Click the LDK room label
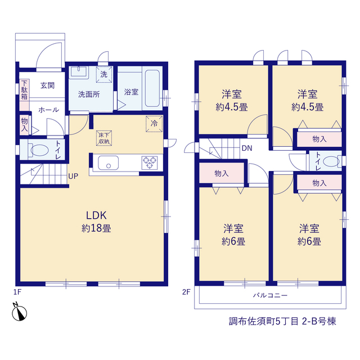(x=96, y=215)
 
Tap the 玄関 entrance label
(x=47, y=85)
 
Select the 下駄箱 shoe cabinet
(x=24, y=94)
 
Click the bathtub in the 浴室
(x=152, y=88)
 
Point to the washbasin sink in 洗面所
(x=79, y=73)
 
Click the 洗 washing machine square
(x=104, y=74)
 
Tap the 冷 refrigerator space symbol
(x=154, y=124)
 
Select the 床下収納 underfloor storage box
(x=104, y=138)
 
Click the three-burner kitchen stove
(x=150, y=163)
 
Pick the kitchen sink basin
(x=109, y=163)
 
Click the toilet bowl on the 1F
(x=39, y=150)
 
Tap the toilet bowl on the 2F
(x=331, y=161)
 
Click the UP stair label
(x=73, y=176)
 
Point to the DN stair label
(x=247, y=148)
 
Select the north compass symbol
(x=19, y=312)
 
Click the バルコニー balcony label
(x=270, y=295)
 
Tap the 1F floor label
(x=17, y=292)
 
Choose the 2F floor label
(x=186, y=292)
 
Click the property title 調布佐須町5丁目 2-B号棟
(x=282, y=321)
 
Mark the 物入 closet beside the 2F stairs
(x=222, y=173)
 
